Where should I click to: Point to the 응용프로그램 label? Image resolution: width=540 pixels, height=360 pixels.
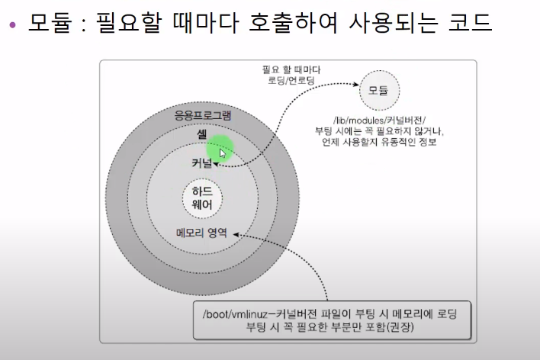pos(203,115)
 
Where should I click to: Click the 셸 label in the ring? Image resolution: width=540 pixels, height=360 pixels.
pos(202,135)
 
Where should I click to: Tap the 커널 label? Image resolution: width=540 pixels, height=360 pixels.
pos(202,162)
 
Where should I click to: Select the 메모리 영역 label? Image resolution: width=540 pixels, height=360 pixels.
pos(201,233)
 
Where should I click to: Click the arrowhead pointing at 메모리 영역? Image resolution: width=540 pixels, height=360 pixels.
pos(239,234)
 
